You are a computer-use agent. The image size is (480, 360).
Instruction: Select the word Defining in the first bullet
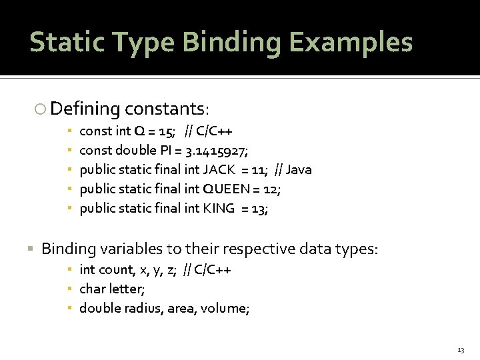tap(85, 108)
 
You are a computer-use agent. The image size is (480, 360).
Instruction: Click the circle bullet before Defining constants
tap(41, 109)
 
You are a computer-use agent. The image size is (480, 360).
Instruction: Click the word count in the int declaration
tap(115, 270)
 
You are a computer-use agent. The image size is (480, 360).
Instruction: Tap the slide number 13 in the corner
tap(461, 350)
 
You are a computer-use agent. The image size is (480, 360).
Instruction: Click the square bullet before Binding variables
tap(31, 249)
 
